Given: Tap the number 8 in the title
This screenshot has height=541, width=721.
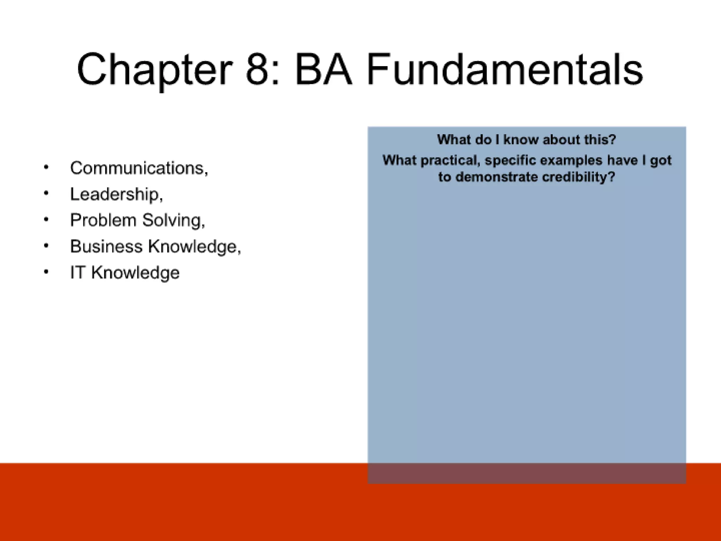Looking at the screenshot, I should (258, 69).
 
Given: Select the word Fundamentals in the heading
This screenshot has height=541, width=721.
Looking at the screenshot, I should (505, 69).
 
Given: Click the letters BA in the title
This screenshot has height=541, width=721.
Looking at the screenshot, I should (323, 69).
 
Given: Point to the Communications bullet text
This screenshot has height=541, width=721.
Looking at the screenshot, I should (139, 168).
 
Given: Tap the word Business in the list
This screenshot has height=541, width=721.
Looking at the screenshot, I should (106, 246).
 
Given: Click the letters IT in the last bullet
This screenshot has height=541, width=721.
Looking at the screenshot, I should (77, 272).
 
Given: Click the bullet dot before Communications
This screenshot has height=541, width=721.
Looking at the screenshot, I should (46, 167).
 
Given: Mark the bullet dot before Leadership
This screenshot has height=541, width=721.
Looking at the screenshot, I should (46, 193).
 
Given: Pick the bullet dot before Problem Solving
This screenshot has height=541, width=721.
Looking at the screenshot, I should (46, 219).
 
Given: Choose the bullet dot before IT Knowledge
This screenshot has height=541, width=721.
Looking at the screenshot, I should (46, 272).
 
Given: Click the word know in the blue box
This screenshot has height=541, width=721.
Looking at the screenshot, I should (520, 140).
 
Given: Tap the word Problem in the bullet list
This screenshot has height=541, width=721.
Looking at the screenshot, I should (103, 220).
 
